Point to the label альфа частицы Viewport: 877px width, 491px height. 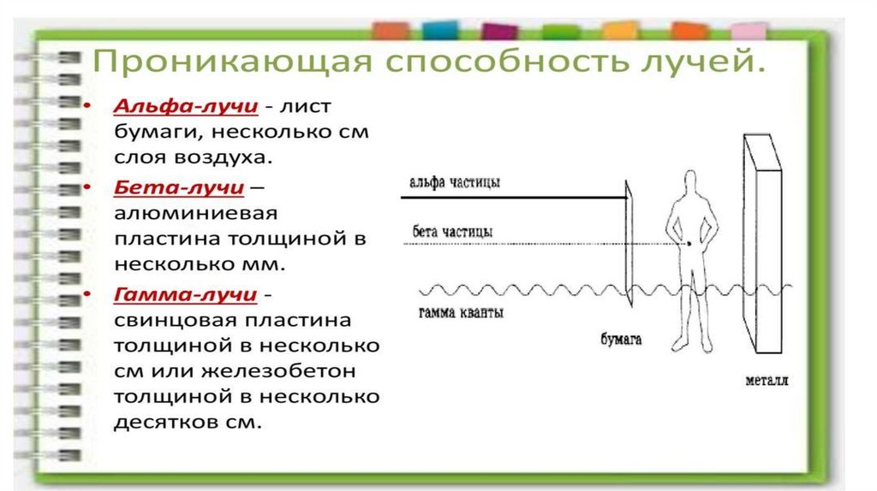[453, 183]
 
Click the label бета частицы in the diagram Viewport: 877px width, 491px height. [451, 232]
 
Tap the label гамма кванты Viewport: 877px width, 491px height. [461, 313]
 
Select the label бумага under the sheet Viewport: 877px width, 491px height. [621, 340]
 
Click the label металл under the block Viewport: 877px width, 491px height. [766, 379]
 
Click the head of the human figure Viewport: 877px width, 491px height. [690, 182]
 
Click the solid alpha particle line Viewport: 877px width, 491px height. [514, 198]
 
